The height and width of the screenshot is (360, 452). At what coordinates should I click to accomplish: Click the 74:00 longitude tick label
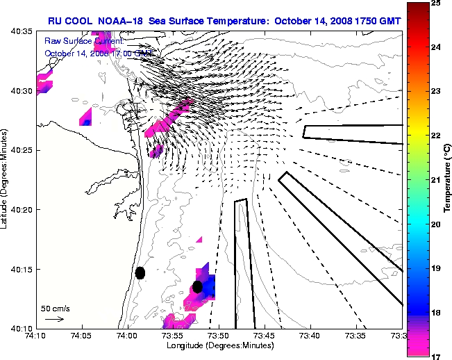[x=127, y=336]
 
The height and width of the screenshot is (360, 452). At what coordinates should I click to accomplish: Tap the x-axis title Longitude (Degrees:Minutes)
[x=219, y=345]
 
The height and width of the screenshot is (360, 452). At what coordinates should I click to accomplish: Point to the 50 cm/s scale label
[x=56, y=308]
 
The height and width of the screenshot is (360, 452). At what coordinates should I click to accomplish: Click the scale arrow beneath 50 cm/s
[x=54, y=319]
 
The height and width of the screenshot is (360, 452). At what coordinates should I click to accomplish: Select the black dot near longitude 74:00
[x=140, y=272]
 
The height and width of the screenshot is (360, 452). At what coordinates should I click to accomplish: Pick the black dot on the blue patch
[x=197, y=286]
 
